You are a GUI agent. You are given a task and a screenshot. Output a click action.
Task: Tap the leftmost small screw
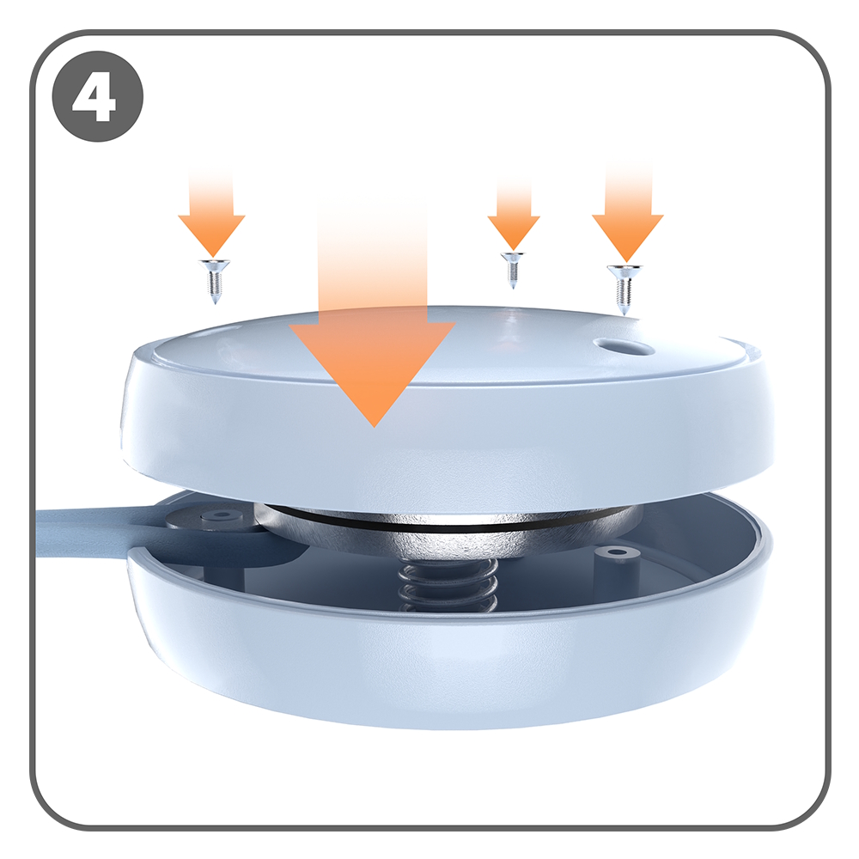tap(212, 280)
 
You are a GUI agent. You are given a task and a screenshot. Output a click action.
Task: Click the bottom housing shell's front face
tap(447, 670)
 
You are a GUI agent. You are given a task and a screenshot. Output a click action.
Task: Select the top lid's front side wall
tap(447, 447)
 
